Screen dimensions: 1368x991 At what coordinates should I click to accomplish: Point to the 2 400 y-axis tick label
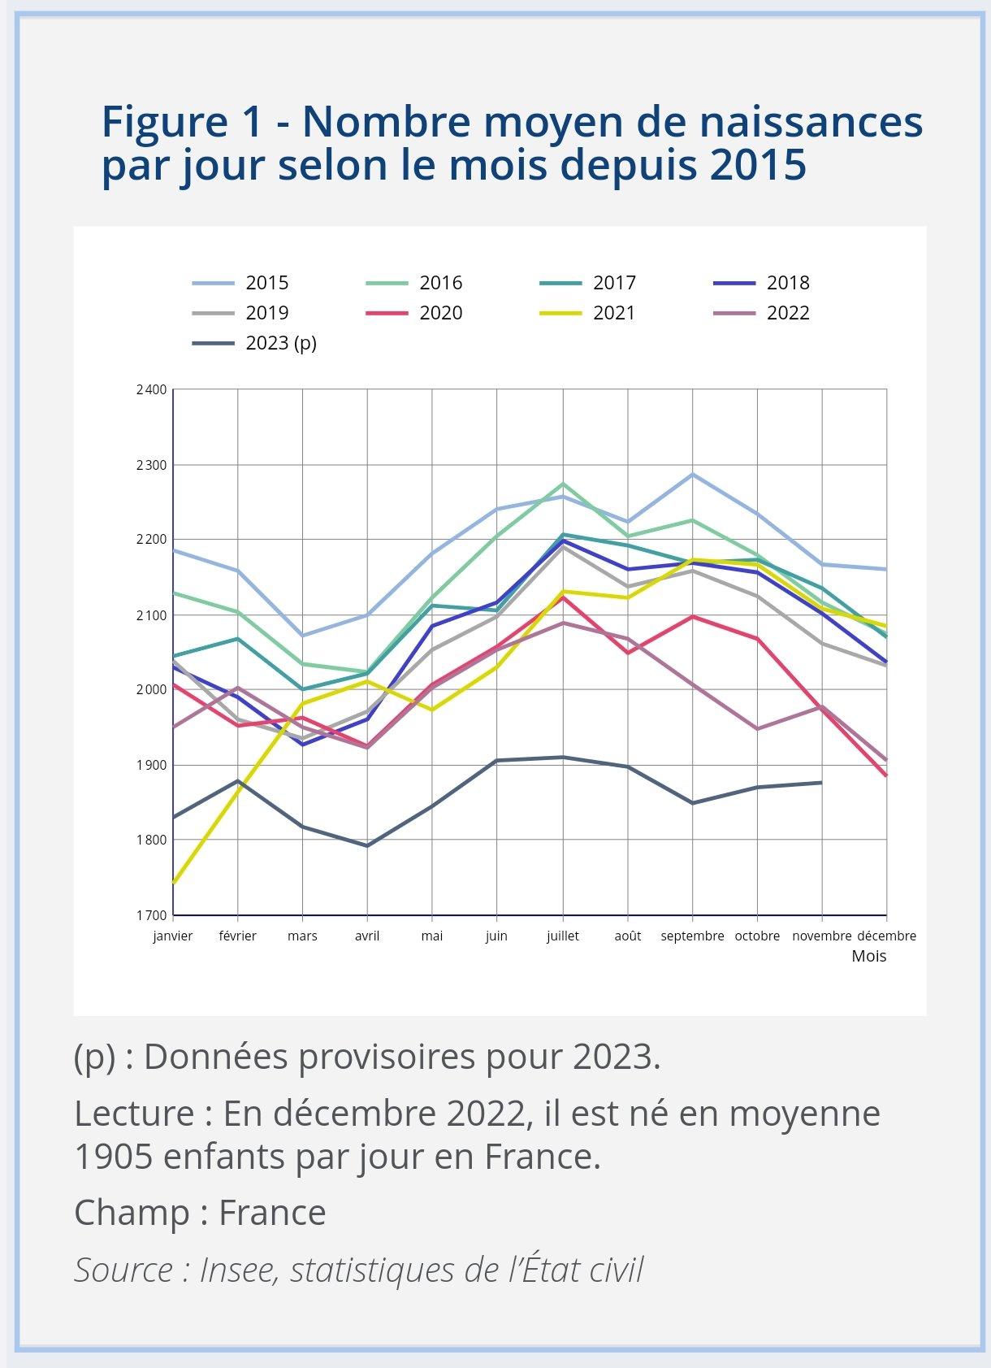(x=151, y=390)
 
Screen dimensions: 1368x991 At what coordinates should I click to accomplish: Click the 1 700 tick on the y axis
(x=151, y=915)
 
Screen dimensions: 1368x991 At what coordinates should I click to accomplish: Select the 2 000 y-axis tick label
(x=151, y=689)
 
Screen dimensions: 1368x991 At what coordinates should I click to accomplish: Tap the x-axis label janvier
(x=173, y=936)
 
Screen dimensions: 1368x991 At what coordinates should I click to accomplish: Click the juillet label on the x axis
(x=563, y=936)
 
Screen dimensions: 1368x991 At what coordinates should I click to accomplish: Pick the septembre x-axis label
(x=692, y=936)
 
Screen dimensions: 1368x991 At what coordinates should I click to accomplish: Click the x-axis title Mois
(x=868, y=956)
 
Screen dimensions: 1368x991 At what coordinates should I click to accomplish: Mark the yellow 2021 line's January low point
(x=174, y=883)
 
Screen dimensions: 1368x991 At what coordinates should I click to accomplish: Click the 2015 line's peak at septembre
(x=693, y=474)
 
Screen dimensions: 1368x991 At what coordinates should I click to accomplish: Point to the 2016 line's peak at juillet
(x=563, y=484)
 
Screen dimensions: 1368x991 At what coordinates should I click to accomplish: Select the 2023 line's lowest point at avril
(x=367, y=845)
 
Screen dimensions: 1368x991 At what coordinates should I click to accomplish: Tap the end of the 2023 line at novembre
(x=821, y=783)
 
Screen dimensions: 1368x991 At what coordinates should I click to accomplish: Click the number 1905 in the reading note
(x=113, y=1157)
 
